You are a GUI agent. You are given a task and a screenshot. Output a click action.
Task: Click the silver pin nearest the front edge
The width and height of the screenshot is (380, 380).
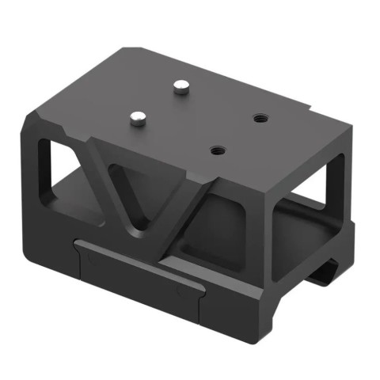pyautogui.click(x=137, y=118)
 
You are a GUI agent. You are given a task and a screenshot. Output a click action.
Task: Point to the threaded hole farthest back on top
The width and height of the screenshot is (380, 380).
pyautogui.click(x=258, y=118)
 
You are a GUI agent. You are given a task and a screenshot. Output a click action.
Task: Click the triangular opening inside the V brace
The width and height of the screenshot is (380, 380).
pyautogui.click(x=137, y=190)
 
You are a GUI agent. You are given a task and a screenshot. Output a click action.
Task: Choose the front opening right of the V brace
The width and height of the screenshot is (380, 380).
pyautogui.click(x=226, y=230)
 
